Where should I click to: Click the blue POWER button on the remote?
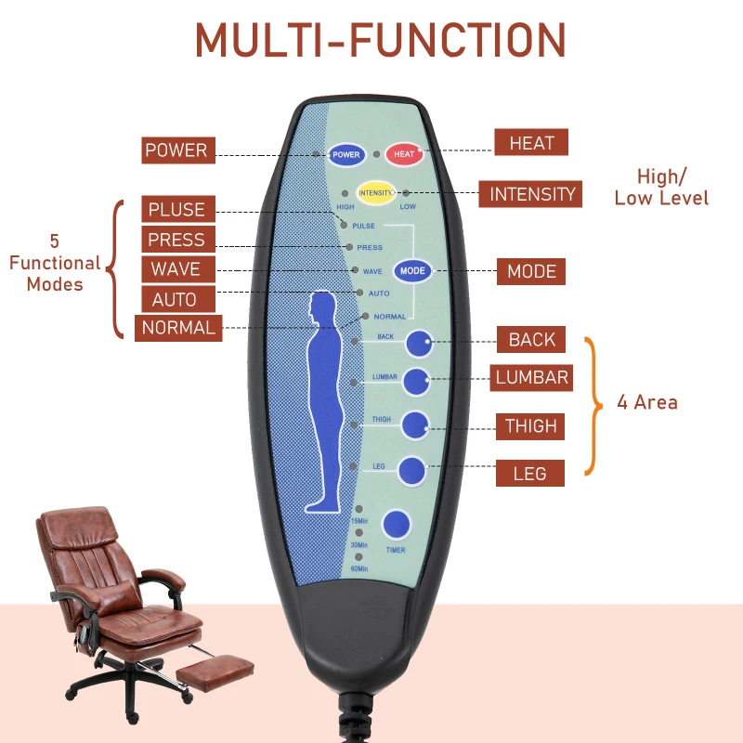tap(346, 155)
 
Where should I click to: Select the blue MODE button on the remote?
tap(411, 271)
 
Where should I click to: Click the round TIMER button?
tap(397, 526)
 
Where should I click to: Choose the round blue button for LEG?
tap(412, 471)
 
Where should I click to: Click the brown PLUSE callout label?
tap(176, 209)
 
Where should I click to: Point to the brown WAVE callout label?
tap(176, 269)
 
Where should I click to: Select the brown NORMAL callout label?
tap(178, 328)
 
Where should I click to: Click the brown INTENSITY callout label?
tap(532, 194)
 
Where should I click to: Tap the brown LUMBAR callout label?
tap(531, 377)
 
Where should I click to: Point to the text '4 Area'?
tap(646, 403)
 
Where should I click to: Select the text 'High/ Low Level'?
tap(661, 187)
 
